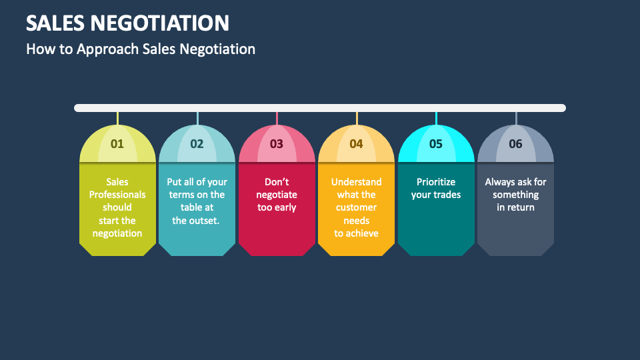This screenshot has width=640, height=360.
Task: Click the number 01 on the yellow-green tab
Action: pyautogui.click(x=117, y=143)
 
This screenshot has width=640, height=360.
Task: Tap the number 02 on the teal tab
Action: pyautogui.click(x=197, y=143)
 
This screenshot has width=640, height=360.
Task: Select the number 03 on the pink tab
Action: pyautogui.click(x=277, y=143)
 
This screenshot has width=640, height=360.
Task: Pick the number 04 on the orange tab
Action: pyautogui.click(x=356, y=143)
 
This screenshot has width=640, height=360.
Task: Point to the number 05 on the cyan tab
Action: pyautogui.click(x=436, y=143)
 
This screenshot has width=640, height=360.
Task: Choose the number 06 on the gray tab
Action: pyautogui.click(x=515, y=143)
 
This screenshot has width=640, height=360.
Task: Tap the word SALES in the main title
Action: pyautogui.click(x=55, y=23)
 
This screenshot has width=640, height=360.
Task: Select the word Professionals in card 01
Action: pyautogui.click(x=117, y=195)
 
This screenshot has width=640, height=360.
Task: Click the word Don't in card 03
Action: pyautogui.click(x=277, y=182)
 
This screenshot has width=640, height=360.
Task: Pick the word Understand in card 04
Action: pyautogui.click(x=356, y=182)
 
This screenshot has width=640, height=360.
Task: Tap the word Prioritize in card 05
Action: pyautogui.click(x=436, y=182)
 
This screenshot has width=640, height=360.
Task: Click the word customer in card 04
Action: pyautogui.click(x=356, y=207)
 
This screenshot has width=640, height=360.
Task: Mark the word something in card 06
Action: pyautogui.click(x=515, y=195)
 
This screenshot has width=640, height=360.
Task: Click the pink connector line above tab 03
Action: pyautogui.click(x=277, y=119)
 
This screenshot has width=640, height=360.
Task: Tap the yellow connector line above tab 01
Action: pyautogui.click(x=117, y=119)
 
